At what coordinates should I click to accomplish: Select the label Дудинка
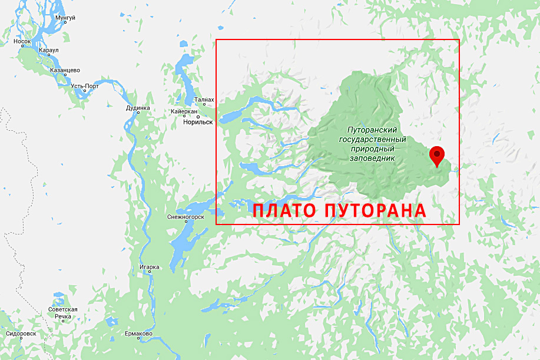[x=138, y=108]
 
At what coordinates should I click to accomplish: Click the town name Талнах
[x=204, y=101]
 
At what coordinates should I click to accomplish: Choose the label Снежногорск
[x=185, y=217]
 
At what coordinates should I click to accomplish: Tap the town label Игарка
[x=150, y=267]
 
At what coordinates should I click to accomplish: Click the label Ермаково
[x=139, y=334]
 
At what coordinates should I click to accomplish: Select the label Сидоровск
[x=21, y=333]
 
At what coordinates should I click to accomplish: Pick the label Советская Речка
[x=63, y=313]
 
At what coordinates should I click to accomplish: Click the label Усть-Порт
[x=85, y=86]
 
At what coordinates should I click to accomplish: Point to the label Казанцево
[x=65, y=70]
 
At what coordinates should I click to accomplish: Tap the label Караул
[x=48, y=51]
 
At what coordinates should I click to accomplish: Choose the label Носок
[x=22, y=41]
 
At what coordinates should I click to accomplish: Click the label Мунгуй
[x=65, y=18]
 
